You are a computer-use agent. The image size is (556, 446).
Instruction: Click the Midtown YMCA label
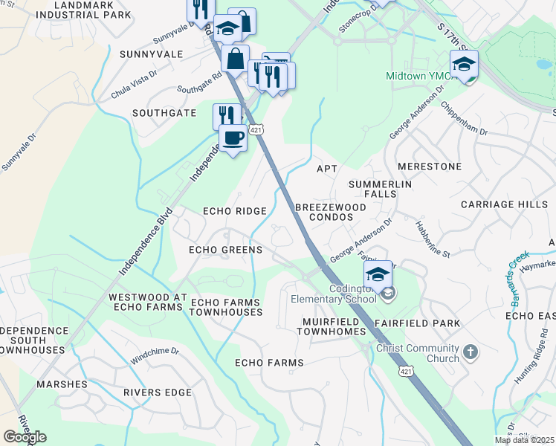(417, 77)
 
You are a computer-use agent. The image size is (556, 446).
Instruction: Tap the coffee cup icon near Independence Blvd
(233, 138)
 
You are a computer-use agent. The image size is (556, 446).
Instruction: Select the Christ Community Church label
(418, 354)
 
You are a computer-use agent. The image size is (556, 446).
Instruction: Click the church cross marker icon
(469, 350)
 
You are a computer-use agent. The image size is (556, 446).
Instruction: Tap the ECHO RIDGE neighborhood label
(235, 212)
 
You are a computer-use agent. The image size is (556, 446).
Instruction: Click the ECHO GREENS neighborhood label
(225, 251)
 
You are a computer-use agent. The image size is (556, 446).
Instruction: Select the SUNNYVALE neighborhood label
(156, 54)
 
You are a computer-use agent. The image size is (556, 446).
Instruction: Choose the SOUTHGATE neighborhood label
(164, 113)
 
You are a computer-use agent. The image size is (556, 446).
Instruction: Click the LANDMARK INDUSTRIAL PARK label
(92, 10)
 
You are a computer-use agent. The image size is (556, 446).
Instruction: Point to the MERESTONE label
(430, 167)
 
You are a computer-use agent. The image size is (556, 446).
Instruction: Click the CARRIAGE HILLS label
(503, 204)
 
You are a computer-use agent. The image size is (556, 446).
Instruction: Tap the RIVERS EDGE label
(158, 392)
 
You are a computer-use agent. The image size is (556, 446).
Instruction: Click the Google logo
(25, 437)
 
